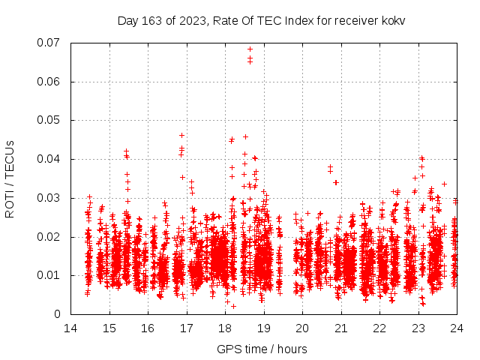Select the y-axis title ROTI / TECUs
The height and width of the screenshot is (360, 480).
[x=10, y=178]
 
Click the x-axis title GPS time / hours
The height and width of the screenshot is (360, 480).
[x=262, y=349]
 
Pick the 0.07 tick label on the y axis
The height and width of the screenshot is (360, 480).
[x=49, y=43]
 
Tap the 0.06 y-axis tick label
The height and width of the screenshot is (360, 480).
[x=49, y=82]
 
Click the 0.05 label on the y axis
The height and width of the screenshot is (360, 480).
[x=49, y=120]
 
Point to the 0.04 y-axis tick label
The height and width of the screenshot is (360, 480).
[x=49, y=159]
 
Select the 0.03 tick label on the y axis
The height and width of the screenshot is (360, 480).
[x=49, y=198]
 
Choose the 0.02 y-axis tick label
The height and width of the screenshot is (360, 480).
[x=49, y=237]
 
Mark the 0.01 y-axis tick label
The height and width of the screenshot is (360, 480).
[x=49, y=275]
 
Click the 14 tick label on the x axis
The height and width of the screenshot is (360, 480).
[x=70, y=328]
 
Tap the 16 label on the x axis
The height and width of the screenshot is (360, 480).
[x=148, y=328]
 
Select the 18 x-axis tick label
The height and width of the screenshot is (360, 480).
[x=225, y=328]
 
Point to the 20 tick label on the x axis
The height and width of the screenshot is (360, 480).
[x=302, y=328]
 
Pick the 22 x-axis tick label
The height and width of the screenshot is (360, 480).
[x=379, y=328]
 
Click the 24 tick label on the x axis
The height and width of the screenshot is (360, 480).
[x=456, y=328]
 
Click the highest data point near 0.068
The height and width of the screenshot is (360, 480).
[x=250, y=49]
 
